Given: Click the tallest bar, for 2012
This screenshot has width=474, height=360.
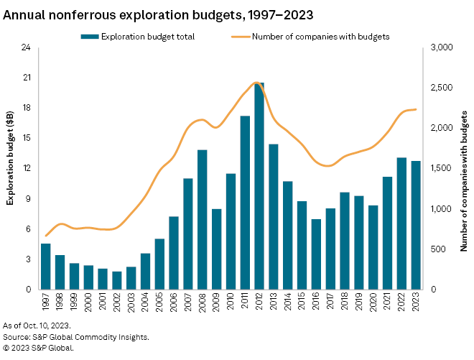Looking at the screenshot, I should (x=259, y=187).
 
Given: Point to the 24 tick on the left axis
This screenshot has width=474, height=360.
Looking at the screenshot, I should (x=26, y=47).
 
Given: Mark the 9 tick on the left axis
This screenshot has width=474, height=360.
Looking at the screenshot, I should (x=28, y=199).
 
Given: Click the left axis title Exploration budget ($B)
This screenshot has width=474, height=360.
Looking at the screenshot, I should (x=11, y=168).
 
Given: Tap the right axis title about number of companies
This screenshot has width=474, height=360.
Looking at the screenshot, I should (x=464, y=180).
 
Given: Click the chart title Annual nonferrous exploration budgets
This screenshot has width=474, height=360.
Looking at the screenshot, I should (x=147, y=13).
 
